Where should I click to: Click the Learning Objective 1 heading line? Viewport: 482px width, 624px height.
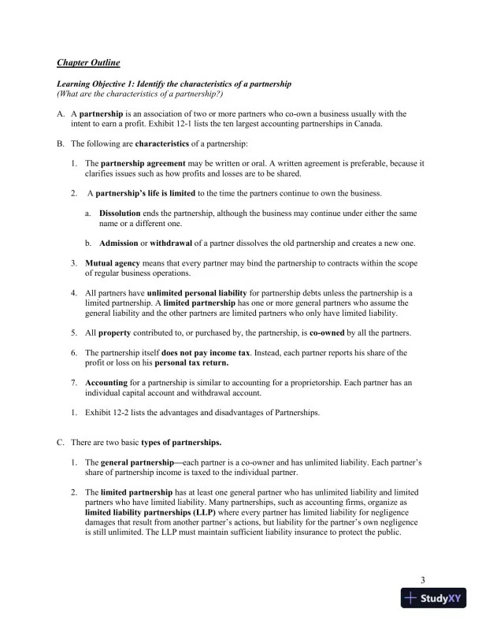tap(174, 84)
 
